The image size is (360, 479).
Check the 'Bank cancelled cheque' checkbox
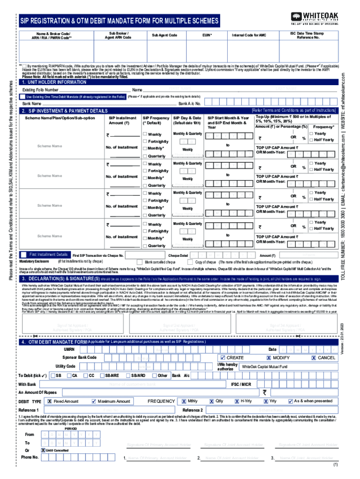pyautogui.click(x=139, y=262)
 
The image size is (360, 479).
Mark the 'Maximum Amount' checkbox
pyautogui.click(x=94, y=401)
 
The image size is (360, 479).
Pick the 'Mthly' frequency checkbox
pyautogui.click(x=184, y=401)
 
